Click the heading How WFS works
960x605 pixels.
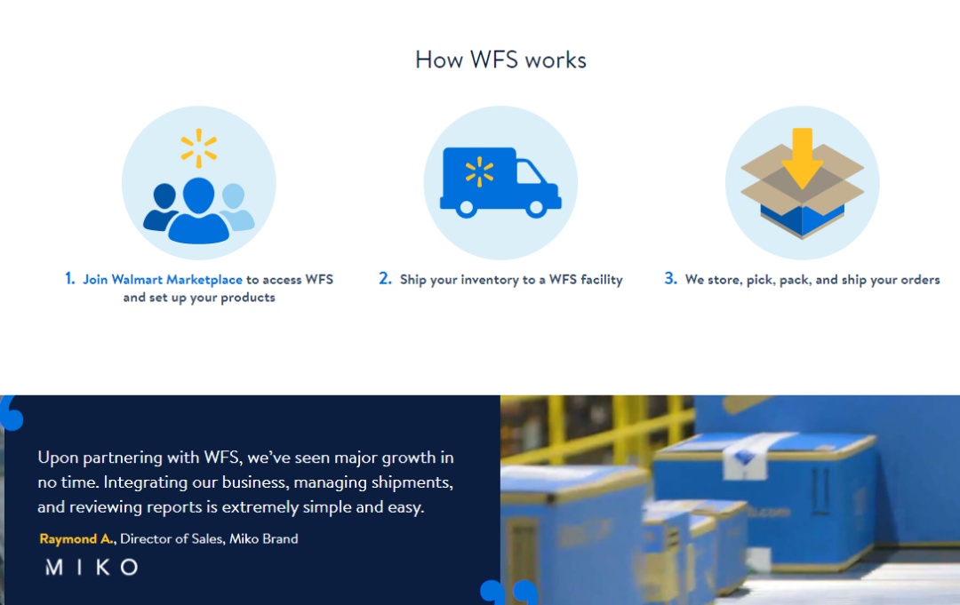pyautogui.click(x=500, y=60)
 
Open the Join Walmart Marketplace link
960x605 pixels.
pyautogui.click(x=163, y=280)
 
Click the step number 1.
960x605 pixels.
pyautogui.click(x=70, y=279)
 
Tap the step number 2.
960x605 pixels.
pyautogui.click(x=385, y=279)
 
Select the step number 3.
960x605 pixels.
pyautogui.click(x=671, y=279)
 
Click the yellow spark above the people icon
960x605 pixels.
pyautogui.click(x=199, y=148)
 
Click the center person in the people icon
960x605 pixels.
pyautogui.click(x=198, y=211)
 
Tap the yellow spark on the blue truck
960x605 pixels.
pyautogui.click(x=479, y=171)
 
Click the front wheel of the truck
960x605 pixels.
pyautogui.click(x=536, y=208)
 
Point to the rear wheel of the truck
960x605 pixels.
pyautogui.click(x=466, y=208)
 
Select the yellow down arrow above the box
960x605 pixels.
pyautogui.click(x=802, y=158)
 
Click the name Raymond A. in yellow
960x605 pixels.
pyautogui.click(x=76, y=539)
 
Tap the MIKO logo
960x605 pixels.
pyautogui.click(x=92, y=567)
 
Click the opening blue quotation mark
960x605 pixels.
pyautogui.click(x=12, y=413)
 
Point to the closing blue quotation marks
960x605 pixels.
pyautogui.click(x=508, y=592)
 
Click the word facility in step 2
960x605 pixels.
pyautogui.click(x=601, y=280)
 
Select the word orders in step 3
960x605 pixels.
pyautogui.click(x=920, y=280)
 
